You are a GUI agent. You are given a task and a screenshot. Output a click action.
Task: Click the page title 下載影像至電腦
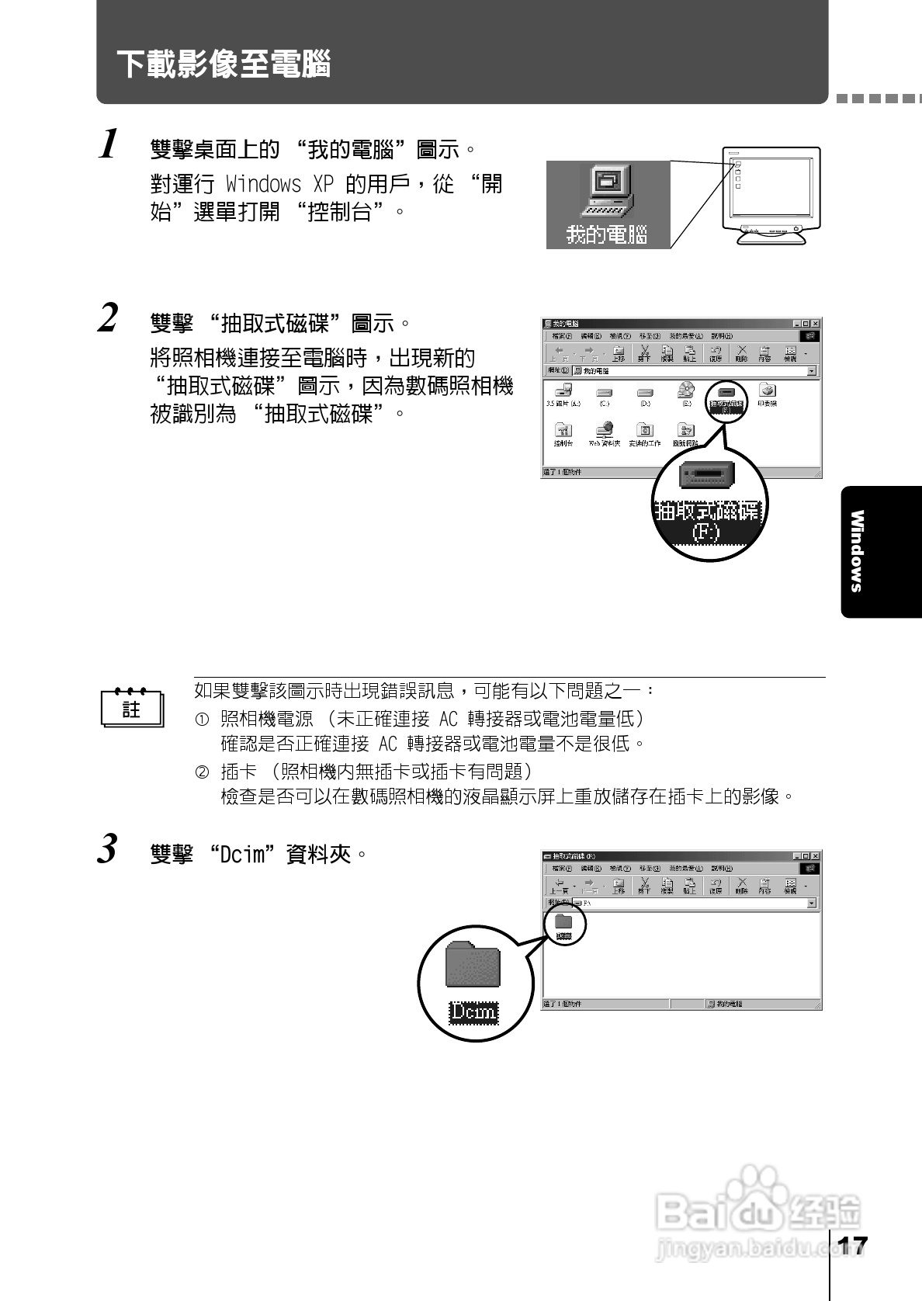[x=224, y=64]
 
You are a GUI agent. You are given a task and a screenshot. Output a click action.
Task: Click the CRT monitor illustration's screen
[x=770, y=189]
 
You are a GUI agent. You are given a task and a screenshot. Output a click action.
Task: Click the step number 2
[x=109, y=318]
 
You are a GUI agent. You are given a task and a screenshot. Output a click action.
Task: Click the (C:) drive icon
[x=604, y=393]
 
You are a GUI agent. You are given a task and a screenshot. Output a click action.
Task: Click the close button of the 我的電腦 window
[x=815, y=324]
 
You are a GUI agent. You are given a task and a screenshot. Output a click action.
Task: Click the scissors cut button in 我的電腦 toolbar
[x=644, y=352]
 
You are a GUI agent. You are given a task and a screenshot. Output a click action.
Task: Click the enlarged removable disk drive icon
[x=707, y=474]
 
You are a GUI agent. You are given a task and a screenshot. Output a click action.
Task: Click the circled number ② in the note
[x=202, y=772]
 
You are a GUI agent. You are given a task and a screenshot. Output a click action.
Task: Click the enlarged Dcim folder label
[x=473, y=1011]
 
